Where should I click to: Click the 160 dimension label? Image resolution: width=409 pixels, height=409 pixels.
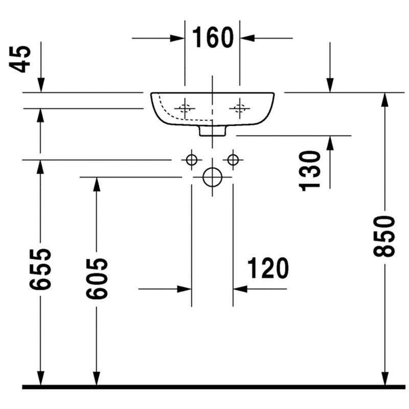coord(213,37)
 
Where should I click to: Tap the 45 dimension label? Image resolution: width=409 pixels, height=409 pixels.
coord(20,59)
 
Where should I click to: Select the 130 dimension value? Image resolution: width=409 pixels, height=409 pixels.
coord(309,171)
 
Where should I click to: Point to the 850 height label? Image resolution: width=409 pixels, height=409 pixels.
coord(384,236)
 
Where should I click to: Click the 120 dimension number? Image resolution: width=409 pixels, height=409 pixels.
coord(268,268)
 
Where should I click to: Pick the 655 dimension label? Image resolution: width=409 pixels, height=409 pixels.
coord(40,269)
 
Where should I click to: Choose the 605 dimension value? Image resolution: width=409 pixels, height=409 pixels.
coord(97,279)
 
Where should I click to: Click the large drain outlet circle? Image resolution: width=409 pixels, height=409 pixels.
coord(212,177)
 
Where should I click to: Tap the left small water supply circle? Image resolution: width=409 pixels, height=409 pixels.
coord(192,160)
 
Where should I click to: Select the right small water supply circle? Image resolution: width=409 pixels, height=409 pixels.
coord(233,160)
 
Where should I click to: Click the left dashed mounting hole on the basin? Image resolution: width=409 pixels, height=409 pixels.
coord(185,108)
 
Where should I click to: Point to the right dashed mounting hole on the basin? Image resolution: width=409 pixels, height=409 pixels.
coord(240,108)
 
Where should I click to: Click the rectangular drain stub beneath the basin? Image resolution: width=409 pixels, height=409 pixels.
coord(212,130)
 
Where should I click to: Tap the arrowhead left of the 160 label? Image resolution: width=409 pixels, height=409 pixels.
coord(177,38)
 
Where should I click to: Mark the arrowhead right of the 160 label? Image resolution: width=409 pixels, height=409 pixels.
coord(247,38)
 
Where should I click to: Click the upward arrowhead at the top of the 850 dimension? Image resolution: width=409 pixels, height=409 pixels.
coord(385,100)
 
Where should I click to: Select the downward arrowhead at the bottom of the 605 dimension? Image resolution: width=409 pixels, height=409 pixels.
coord(97,378)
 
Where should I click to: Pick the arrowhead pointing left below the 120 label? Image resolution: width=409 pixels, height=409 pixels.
coord(240,289)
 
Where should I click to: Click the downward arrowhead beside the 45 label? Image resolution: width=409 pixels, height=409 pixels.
coord(41,85)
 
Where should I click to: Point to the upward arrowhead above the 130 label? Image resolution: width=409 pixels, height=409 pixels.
coord(330,143)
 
